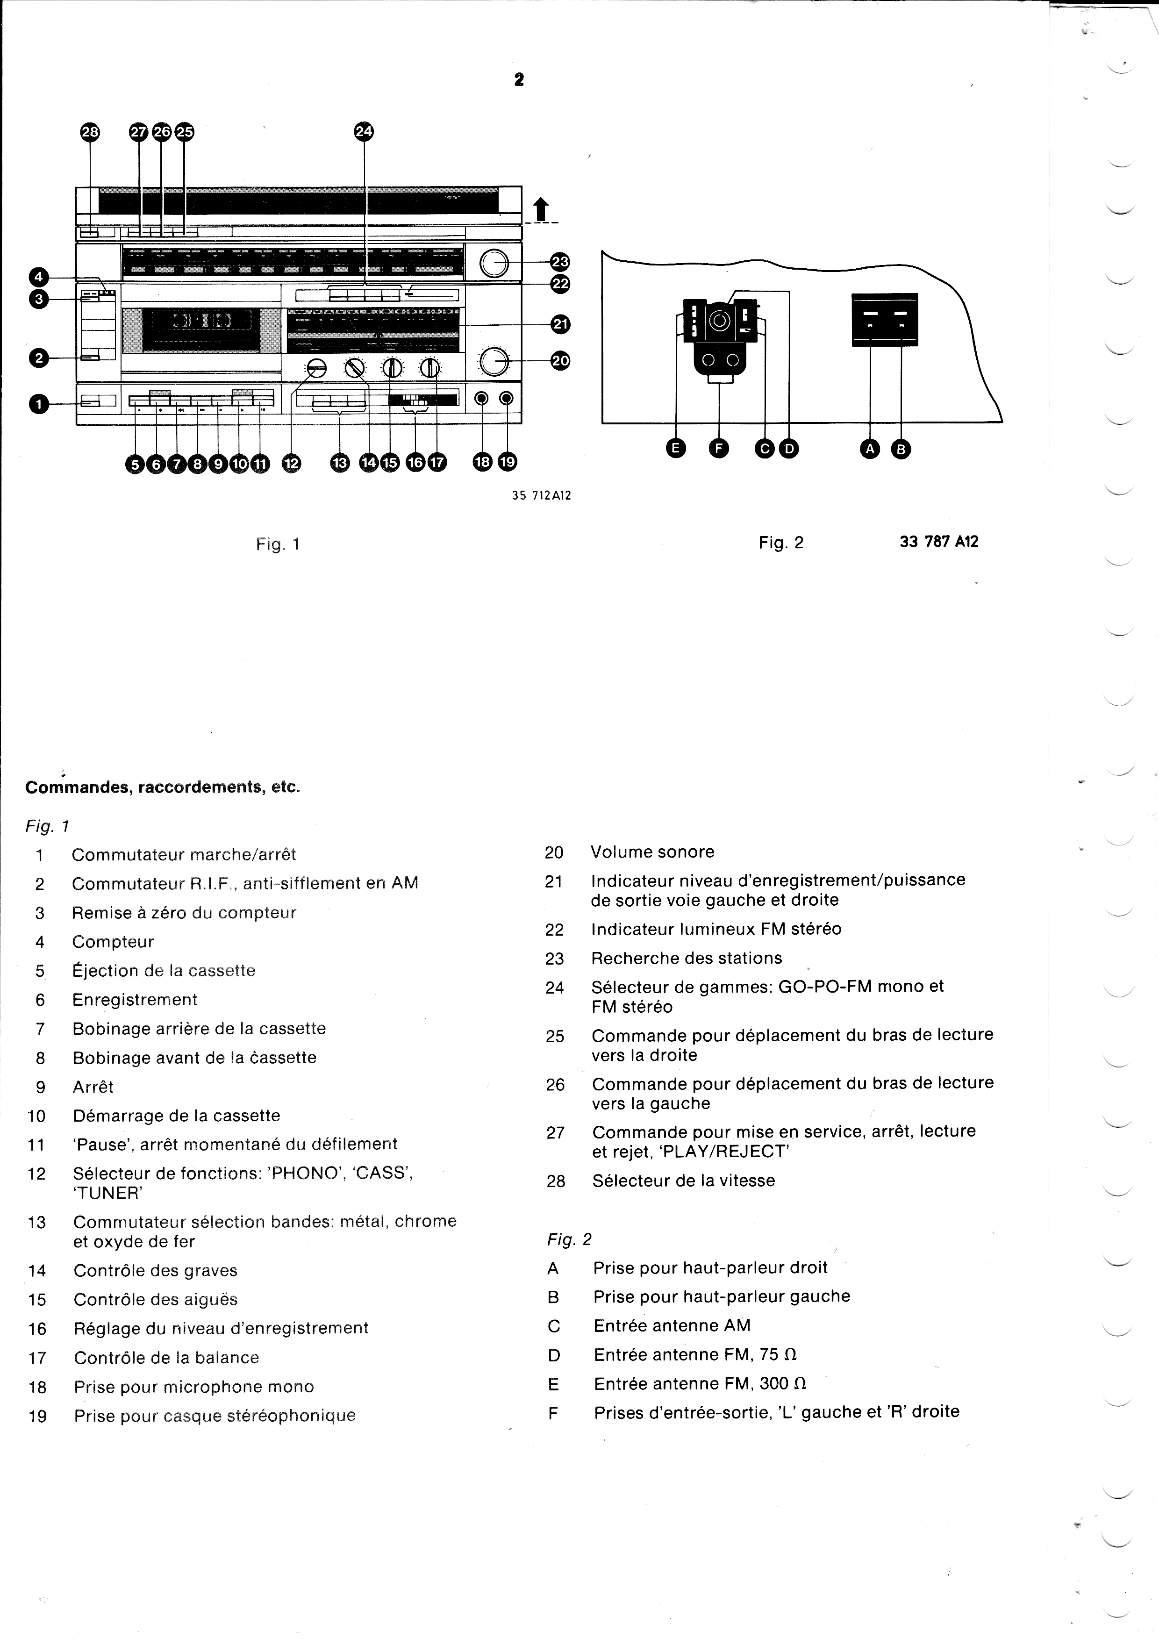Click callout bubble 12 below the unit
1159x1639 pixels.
(291, 463)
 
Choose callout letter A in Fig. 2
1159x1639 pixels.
(870, 449)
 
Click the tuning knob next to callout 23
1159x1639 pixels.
(494, 264)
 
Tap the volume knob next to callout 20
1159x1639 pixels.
(494, 362)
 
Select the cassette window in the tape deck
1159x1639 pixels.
(200, 330)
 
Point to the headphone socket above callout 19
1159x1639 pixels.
(507, 398)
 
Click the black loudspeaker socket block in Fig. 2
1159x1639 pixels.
(885, 320)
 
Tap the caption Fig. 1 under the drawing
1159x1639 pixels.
(278, 544)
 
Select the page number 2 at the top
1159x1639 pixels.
(519, 80)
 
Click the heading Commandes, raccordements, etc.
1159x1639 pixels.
(163, 787)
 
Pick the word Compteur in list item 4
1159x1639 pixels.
(113, 942)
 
